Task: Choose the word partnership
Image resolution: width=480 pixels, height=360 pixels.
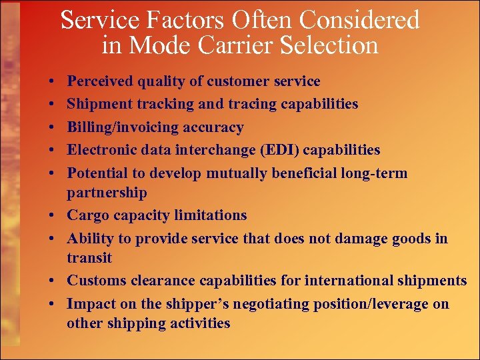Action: pyautogui.click(x=107, y=193)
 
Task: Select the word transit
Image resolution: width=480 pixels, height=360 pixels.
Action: pyautogui.click(x=89, y=258)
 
